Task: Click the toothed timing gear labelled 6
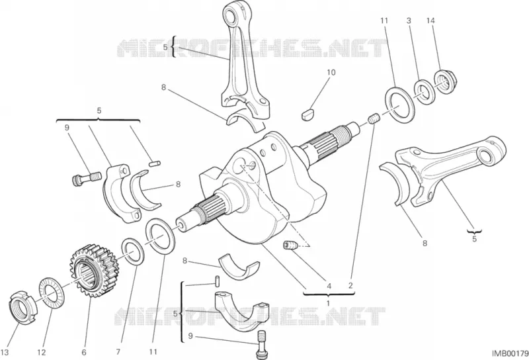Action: (x=91, y=271)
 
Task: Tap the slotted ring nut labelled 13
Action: (x=20, y=307)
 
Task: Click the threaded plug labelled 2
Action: (x=374, y=119)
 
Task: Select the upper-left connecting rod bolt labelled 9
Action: (x=87, y=177)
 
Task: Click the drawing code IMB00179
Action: (x=510, y=353)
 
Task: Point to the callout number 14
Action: (x=430, y=21)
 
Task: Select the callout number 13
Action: (x=5, y=353)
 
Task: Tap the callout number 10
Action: (x=331, y=72)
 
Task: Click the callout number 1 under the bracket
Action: (x=328, y=303)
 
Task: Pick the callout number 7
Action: (x=118, y=352)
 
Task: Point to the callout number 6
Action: (x=84, y=353)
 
